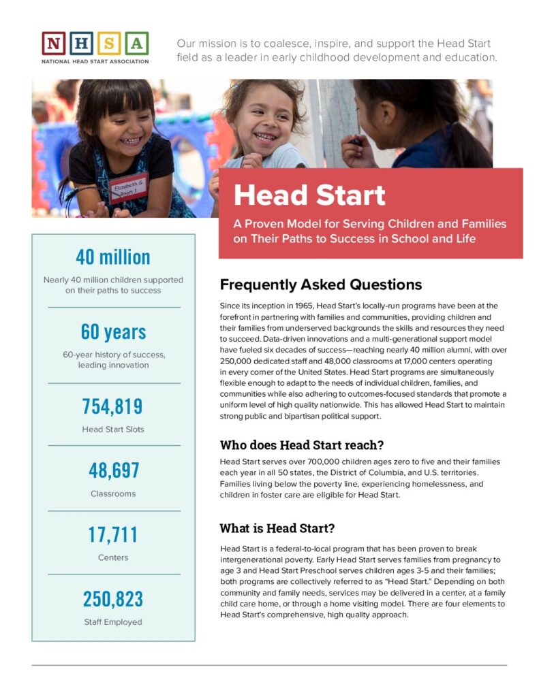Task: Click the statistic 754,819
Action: pos(113,406)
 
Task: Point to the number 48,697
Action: pos(113,470)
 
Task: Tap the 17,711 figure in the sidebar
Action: pos(113,535)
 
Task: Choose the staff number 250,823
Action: pos(113,599)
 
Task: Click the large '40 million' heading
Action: pos(113,257)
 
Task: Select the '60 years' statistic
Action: pos(113,332)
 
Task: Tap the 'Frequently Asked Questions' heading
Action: pos(321,285)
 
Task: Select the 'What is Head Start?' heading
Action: pos(277,528)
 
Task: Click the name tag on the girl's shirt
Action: pos(129,187)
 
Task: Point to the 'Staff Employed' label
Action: pos(113,621)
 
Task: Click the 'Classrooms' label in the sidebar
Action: pos(113,493)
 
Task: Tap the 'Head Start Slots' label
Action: pos(113,429)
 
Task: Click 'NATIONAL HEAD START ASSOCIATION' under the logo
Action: pos(95,61)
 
